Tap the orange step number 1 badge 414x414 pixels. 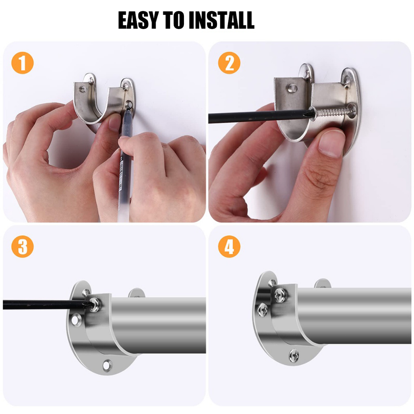click(23, 63)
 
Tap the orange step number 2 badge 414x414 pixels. click(229, 63)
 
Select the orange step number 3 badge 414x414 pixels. click(23, 247)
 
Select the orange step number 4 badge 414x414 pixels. click(229, 247)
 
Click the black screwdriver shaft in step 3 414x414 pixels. click(45, 304)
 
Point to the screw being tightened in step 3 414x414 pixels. click(95, 304)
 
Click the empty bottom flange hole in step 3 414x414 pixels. click(107, 365)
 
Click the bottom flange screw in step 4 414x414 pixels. click(294, 356)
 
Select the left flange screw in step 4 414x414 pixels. click(262, 310)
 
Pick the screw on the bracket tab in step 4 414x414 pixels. click(280, 295)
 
